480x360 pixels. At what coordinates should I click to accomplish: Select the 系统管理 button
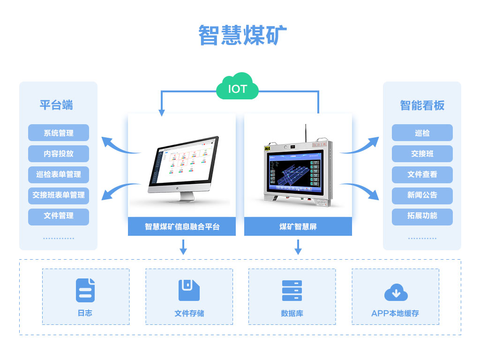[x=59, y=133]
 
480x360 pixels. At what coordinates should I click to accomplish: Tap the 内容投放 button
[x=59, y=154]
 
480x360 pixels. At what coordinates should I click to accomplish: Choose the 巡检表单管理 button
[x=59, y=174]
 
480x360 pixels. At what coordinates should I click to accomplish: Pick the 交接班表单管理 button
[x=59, y=195]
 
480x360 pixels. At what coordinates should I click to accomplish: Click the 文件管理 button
[x=59, y=216]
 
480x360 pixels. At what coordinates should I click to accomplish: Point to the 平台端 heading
[x=56, y=105]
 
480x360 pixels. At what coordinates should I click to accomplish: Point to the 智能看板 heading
[x=422, y=105]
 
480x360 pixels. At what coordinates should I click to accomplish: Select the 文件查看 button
[x=422, y=174]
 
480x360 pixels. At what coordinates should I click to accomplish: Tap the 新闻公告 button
[x=422, y=195]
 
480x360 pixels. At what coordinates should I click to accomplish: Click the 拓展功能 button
[x=422, y=216]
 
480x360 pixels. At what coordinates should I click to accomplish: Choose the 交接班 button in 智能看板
[x=422, y=154]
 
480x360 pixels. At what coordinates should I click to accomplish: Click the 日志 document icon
[x=85, y=290]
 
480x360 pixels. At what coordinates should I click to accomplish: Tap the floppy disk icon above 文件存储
[x=189, y=290]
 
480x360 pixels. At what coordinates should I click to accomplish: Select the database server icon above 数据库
[x=292, y=291]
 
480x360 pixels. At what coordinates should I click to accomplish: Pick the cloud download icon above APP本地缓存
[x=396, y=292]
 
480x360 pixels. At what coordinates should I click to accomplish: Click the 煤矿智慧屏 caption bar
[x=298, y=227]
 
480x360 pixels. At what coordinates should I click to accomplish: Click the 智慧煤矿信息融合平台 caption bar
[x=182, y=227]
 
